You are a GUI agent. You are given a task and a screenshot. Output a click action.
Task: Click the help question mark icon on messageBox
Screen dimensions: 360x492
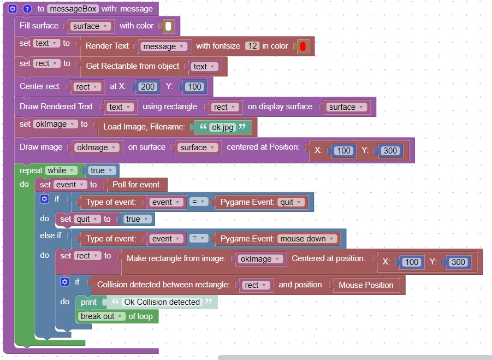[26, 9]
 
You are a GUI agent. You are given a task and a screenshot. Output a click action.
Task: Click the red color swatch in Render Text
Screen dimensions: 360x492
[303, 46]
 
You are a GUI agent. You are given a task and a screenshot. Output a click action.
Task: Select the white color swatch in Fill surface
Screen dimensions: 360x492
[168, 26]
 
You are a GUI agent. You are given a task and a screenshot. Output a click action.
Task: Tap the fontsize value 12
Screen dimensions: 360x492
[252, 46]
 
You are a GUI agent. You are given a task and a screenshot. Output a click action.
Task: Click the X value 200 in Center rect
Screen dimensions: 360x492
[147, 86]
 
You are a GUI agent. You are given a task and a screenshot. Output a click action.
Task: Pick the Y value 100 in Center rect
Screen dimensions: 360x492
[194, 86]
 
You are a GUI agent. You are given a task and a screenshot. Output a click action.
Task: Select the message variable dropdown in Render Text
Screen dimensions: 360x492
[164, 46]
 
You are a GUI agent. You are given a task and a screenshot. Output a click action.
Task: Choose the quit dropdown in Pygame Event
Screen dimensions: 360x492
[290, 202]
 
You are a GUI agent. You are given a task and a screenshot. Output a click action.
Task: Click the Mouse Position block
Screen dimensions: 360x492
[366, 285]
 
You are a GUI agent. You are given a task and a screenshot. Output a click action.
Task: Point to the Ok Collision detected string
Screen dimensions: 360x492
[162, 302]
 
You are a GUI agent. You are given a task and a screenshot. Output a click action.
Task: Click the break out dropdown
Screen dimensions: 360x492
[100, 316]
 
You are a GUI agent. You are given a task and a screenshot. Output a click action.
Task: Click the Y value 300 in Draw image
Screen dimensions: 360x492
[390, 150]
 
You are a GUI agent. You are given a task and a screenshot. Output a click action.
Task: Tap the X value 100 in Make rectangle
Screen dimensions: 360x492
[411, 262]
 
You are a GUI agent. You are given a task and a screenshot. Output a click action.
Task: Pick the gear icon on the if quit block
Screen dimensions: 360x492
[45, 199]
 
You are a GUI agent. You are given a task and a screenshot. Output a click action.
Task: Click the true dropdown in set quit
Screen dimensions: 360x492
[136, 219]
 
